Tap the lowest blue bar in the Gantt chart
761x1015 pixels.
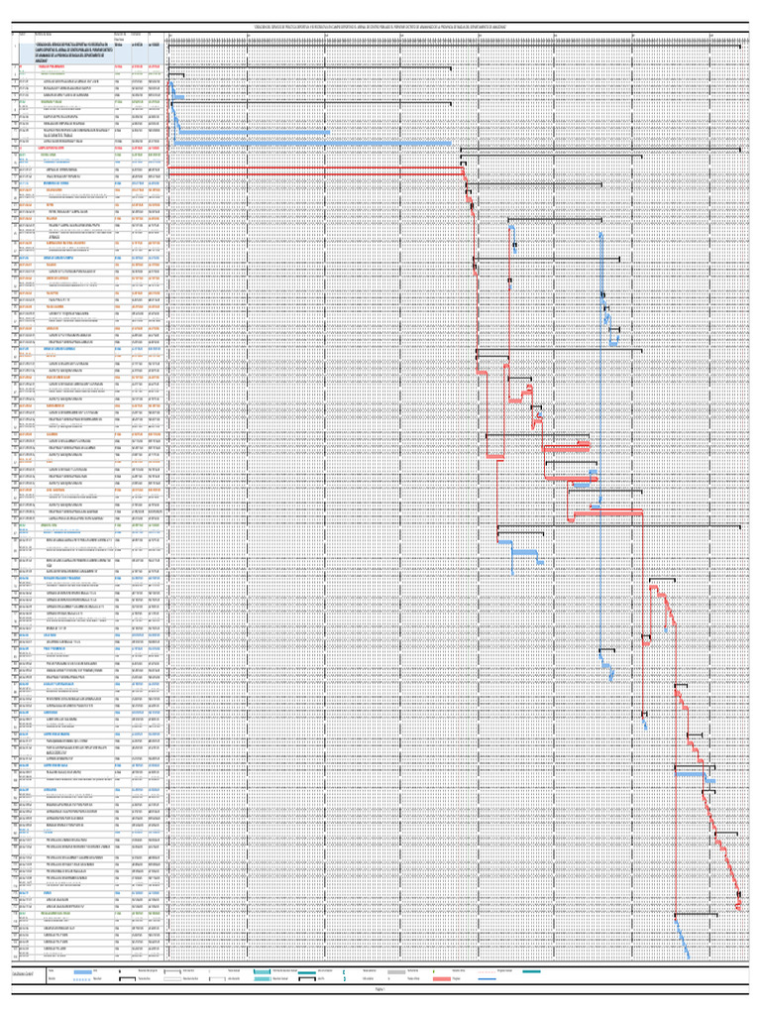tap(688, 956)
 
